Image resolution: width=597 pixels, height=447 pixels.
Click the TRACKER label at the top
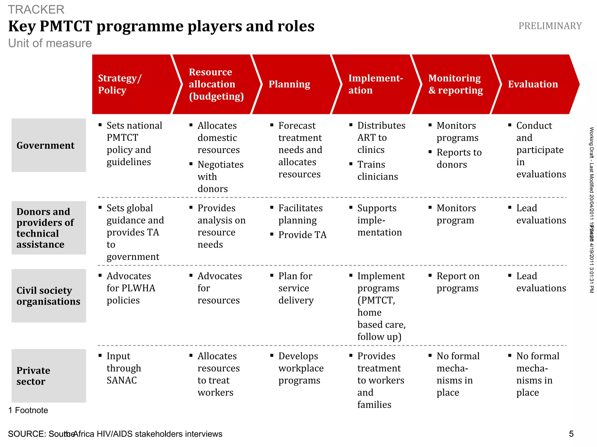(36, 10)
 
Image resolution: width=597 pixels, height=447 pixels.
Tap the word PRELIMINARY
(550, 26)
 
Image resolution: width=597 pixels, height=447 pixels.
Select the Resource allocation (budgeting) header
(216, 84)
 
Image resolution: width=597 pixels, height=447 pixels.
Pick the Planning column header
(292, 84)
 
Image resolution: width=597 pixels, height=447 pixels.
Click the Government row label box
(49, 145)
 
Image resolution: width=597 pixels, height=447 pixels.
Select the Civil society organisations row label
(49, 295)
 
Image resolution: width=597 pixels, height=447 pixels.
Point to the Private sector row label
(49, 376)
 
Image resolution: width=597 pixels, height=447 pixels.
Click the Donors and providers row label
(49, 228)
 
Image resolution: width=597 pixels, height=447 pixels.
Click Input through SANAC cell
(124, 368)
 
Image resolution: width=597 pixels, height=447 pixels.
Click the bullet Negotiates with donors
(220, 177)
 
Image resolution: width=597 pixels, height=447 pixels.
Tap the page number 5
(571, 434)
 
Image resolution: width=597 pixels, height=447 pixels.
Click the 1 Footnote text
(28, 410)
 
